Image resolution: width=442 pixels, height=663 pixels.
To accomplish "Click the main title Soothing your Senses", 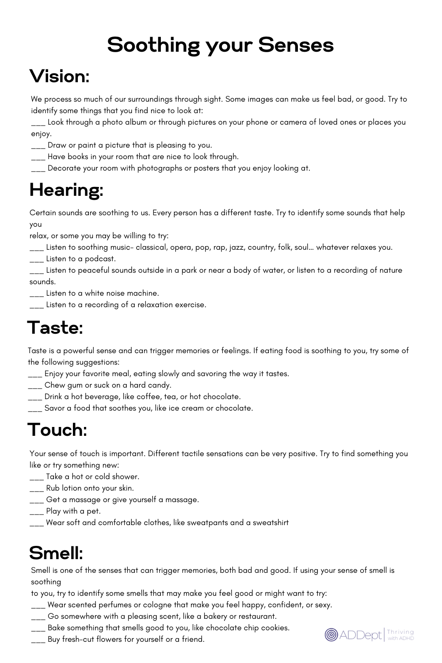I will (220, 45).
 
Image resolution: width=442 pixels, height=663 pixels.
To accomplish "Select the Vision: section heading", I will (60, 76).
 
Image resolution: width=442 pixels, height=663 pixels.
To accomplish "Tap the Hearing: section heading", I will (66, 190).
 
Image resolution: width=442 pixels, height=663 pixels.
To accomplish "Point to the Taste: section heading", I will (55, 328).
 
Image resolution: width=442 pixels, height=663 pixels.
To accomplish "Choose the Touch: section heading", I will (57, 430).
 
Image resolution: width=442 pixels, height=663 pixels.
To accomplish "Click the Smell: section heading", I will (56, 553).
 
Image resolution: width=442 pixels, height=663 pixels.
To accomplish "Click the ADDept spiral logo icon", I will (331, 635).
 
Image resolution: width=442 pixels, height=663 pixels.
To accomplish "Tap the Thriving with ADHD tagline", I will (400, 635).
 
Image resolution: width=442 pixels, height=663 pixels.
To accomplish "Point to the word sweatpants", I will (207, 523).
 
